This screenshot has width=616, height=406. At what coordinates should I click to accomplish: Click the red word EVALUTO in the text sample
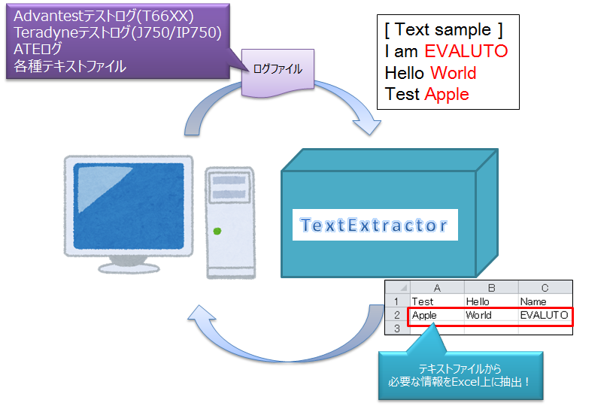coord(466,51)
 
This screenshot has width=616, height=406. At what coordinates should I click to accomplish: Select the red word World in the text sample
coord(454,73)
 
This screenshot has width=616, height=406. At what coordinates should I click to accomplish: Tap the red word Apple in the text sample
coord(447,95)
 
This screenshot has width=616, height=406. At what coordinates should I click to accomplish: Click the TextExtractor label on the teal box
coord(374,225)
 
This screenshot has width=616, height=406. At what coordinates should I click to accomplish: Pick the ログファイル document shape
coord(278,72)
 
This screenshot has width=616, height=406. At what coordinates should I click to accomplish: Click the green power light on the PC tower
coord(217,231)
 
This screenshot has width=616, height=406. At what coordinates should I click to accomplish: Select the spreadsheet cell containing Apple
coord(437,315)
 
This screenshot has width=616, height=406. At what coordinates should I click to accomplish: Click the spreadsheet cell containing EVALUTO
coord(545,315)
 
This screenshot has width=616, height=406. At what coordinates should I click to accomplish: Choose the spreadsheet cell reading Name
coord(545,301)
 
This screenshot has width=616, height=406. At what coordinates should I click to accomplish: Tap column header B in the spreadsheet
coord(491,288)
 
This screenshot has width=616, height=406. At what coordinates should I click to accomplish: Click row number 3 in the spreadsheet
coord(397,329)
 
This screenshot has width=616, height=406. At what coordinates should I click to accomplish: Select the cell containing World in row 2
coord(491,315)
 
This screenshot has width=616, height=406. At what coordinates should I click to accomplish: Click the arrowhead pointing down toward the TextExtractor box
coord(368,126)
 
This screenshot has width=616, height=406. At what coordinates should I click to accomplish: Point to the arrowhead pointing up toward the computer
coord(202,314)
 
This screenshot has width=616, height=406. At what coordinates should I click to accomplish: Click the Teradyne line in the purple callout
coord(117,32)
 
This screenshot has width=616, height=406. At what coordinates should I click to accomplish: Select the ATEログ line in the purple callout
coord(38,49)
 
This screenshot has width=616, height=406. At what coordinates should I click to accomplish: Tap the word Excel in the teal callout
coord(466,382)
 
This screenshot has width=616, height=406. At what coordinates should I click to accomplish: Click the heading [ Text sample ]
coord(444,30)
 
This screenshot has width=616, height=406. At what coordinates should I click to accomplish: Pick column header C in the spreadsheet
coord(545,288)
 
